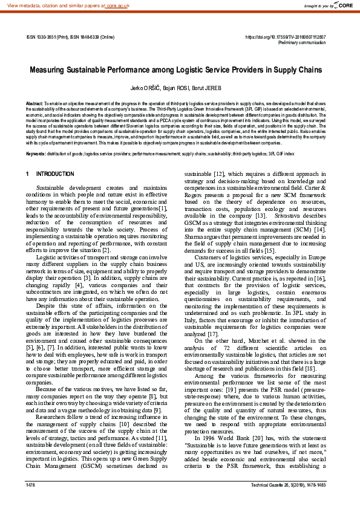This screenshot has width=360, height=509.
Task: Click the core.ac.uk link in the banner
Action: [x=119, y=5]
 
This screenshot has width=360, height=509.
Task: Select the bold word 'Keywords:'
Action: [x=36, y=154]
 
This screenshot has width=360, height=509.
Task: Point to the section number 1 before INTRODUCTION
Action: [x=28, y=174]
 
